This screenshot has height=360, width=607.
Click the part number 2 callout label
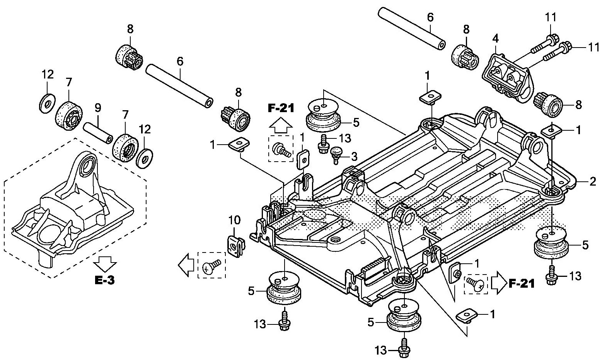click(x=593, y=181)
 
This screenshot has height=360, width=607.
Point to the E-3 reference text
click(x=105, y=280)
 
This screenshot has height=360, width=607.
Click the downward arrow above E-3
click(x=105, y=264)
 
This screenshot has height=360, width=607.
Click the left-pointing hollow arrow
click(x=185, y=265)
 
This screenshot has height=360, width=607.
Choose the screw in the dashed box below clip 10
click(x=211, y=266)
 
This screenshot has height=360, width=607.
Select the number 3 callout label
click(x=354, y=156)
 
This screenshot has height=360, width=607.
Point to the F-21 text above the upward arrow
click(x=281, y=107)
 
